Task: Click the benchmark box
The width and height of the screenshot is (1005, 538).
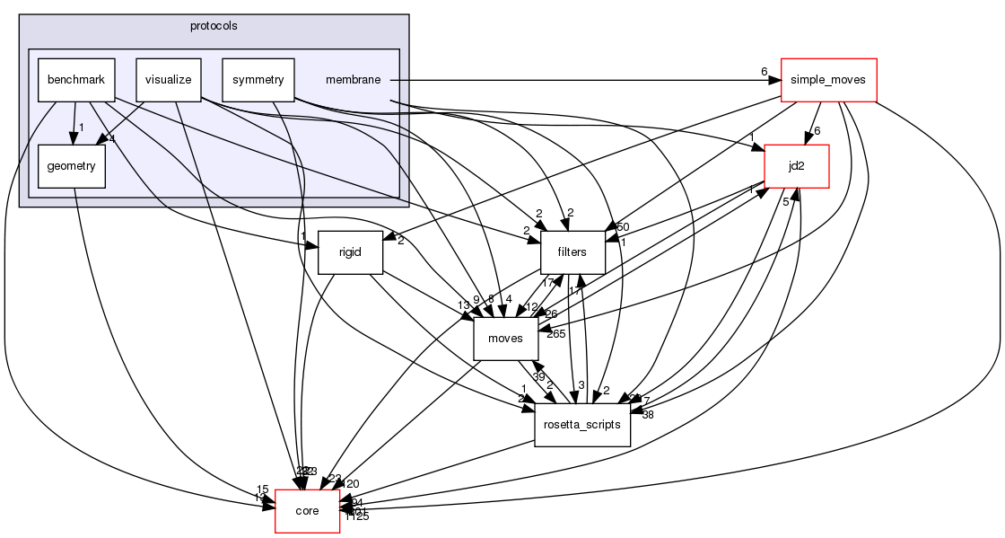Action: (x=71, y=80)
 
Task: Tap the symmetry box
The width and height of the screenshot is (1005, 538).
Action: (x=258, y=80)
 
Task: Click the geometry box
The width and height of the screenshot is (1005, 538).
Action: (x=72, y=166)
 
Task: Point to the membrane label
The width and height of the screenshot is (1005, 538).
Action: (x=353, y=80)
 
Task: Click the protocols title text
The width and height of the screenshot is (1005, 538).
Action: (x=214, y=26)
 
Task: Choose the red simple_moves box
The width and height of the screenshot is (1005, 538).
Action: (x=828, y=80)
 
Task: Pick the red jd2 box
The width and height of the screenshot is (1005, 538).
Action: (x=796, y=166)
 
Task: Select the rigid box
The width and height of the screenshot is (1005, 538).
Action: (x=351, y=251)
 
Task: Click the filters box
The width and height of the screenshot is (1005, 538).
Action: (x=572, y=251)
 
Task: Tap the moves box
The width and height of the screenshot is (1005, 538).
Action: (x=505, y=338)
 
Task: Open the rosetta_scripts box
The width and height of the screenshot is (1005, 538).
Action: (x=583, y=424)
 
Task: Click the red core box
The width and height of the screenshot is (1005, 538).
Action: (x=307, y=511)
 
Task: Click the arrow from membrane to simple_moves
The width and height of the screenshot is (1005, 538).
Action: (x=583, y=80)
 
